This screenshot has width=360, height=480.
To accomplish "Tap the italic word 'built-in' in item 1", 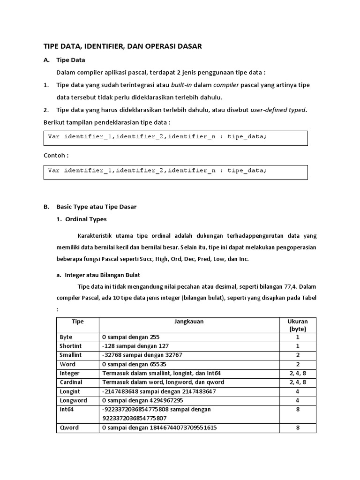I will pos(184,85).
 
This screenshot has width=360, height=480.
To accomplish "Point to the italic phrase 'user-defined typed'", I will pos(278,110).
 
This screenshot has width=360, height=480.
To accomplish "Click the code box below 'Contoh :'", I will pos(175,171).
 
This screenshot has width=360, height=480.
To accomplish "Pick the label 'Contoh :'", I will pos(56,155).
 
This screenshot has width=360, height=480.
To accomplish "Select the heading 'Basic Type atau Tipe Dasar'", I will pos(96,207).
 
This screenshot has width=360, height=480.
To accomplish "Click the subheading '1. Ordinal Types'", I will pos(82,219).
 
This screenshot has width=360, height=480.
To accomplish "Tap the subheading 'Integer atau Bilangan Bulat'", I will pos(102,275).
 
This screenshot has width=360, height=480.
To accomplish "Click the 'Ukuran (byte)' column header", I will pos(297,325).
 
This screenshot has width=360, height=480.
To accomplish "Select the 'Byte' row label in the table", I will pos(67,337).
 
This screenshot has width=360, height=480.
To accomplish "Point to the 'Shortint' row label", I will pos(71,346).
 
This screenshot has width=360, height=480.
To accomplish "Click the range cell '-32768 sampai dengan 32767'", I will pos(142,355).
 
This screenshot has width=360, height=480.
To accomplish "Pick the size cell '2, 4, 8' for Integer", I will pos(297,373).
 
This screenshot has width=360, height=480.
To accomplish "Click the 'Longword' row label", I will pos(73,400).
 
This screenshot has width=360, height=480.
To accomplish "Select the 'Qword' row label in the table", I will pos(69,427).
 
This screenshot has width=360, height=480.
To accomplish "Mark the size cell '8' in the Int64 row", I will pos(297,409).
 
